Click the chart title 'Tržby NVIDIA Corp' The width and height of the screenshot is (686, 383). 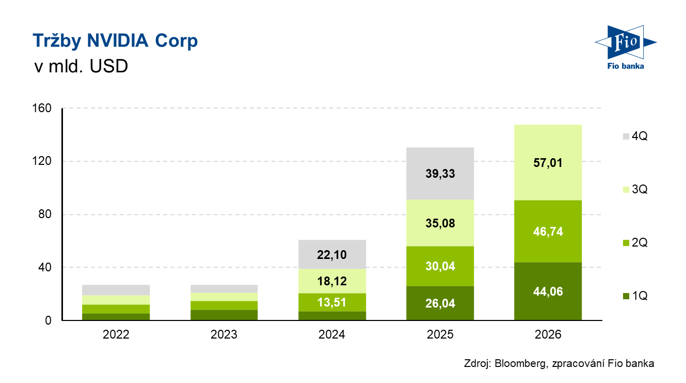[x=115, y=41]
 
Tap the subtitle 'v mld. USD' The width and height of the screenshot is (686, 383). [x=80, y=67]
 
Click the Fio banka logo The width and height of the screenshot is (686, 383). [x=625, y=47]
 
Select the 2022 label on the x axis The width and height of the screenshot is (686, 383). [x=116, y=334]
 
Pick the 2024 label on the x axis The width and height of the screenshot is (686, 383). [x=332, y=334]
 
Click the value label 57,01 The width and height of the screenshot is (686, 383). [x=548, y=163]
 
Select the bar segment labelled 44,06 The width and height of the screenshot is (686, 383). [x=548, y=291]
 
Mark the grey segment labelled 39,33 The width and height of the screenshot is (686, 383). [x=440, y=173]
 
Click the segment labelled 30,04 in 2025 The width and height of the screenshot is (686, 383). [x=440, y=266]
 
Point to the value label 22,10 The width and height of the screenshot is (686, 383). [x=332, y=254]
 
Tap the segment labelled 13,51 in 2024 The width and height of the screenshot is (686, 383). [x=332, y=302]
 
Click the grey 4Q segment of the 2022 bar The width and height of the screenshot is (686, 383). [x=116, y=290]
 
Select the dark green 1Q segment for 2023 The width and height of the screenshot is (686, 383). [x=224, y=315]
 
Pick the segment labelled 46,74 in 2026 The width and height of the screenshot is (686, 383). [x=548, y=231]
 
